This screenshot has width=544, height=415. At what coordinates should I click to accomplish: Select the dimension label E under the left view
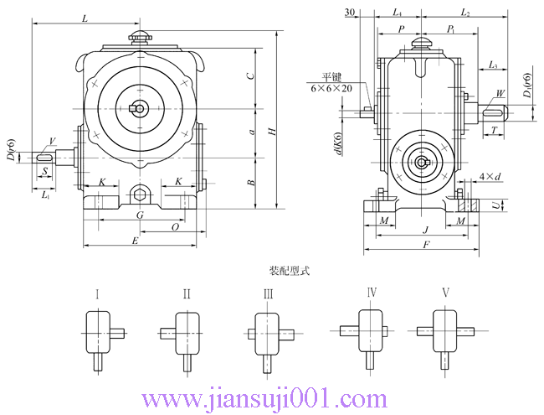136,240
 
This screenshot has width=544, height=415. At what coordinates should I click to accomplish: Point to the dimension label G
141,215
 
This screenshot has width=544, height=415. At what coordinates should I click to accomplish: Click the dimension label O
174,226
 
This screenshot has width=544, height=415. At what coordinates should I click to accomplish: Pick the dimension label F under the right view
426,245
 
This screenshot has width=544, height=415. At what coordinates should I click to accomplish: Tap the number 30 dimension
349,12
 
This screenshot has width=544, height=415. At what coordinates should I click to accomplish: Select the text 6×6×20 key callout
331,88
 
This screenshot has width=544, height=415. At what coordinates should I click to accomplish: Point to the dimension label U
499,205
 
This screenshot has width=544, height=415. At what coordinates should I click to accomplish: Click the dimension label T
495,131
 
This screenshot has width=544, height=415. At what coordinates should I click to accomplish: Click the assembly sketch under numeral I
100,335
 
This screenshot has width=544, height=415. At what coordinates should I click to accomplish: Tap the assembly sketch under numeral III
269,335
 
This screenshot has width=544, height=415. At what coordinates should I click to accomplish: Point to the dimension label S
44,170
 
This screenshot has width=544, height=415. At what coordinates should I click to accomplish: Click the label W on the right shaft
500,93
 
